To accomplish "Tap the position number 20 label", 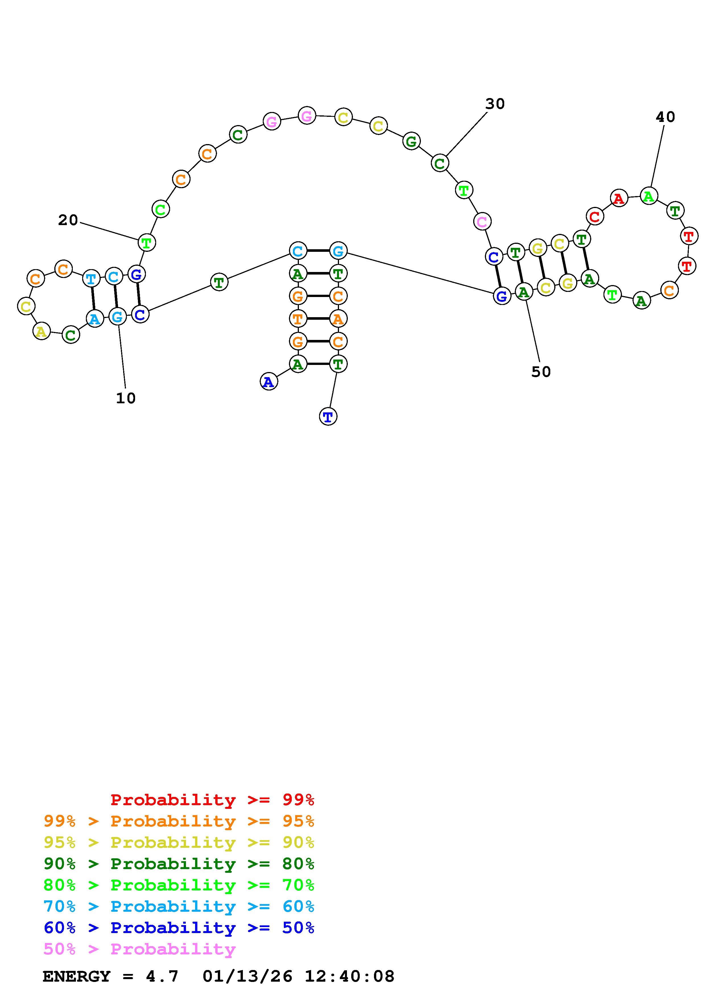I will coord(68,220).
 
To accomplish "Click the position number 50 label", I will coord(541,372).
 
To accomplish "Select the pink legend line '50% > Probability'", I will coord(139,949).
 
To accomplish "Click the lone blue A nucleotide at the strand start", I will coord(269,382).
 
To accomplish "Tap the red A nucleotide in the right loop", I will coord(619,198).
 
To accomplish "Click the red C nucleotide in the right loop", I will coord(595,216).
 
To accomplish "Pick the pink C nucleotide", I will coord(482,222).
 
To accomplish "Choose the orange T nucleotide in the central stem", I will coord(297,319).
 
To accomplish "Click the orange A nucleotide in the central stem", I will coord(338,319).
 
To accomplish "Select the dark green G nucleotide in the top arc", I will coord(411,141).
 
